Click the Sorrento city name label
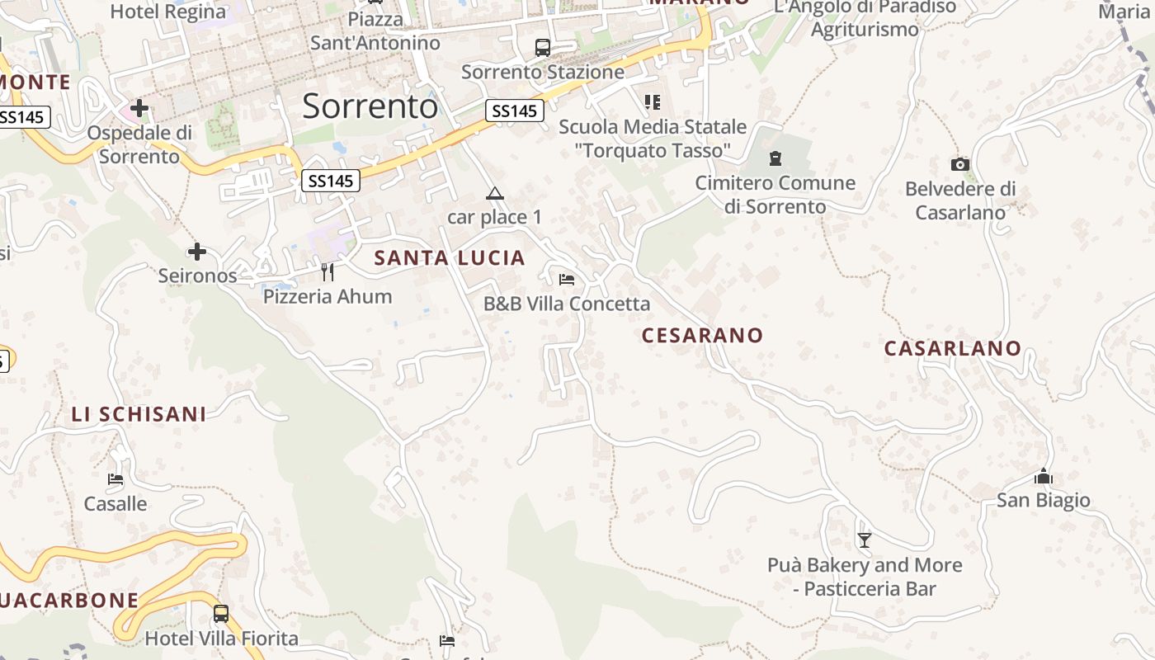(370, 106)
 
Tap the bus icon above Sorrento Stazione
(542, 48)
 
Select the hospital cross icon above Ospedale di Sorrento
(139, 108)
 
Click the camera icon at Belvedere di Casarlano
(959, 164)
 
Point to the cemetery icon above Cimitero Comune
(775, 158)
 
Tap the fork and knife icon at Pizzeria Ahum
(328, 271)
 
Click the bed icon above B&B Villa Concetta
(566, 280)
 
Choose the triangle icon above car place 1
(494, 194)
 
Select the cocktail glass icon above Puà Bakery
(864, 540)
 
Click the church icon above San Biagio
(1043, 477)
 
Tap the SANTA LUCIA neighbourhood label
(450, 258)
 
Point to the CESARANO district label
(702, 335)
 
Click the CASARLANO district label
(952, 348)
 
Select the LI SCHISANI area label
(139, 414)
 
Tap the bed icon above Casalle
(115, 478)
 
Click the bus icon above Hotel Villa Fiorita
(220, 614)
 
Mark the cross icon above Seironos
(197, 252)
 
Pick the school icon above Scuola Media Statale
(652, 102)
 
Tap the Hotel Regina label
(167, 12)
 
